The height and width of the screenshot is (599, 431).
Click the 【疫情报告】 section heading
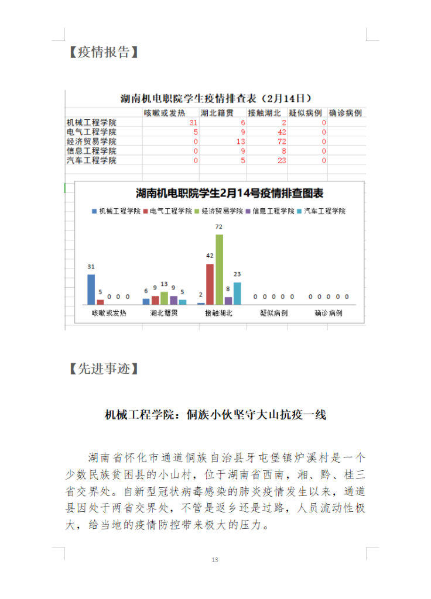tap(103, 52)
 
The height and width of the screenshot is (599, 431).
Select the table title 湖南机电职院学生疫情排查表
tap(215, 98)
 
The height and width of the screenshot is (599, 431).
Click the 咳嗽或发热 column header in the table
tap(165, 113)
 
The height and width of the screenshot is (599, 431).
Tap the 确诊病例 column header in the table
tap(345, 113)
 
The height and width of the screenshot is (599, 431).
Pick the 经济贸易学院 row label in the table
tap(91, 142)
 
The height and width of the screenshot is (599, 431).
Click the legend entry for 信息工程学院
tap(270, 211)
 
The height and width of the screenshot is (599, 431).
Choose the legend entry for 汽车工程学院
tap(321, 211)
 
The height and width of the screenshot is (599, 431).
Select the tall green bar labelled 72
tap(219, 269)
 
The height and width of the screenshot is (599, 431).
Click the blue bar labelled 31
tap(91, 289)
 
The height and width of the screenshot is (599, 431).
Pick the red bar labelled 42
tap(210, 284)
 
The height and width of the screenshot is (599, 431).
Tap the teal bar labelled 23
tap(237, 293)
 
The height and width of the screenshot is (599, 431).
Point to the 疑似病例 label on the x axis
tap(273, 314)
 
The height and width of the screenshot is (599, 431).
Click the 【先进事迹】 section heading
tap(103, 369)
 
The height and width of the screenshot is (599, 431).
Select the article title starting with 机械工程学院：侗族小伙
tap(215, 415)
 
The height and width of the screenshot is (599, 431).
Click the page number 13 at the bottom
tap(215, 560)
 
